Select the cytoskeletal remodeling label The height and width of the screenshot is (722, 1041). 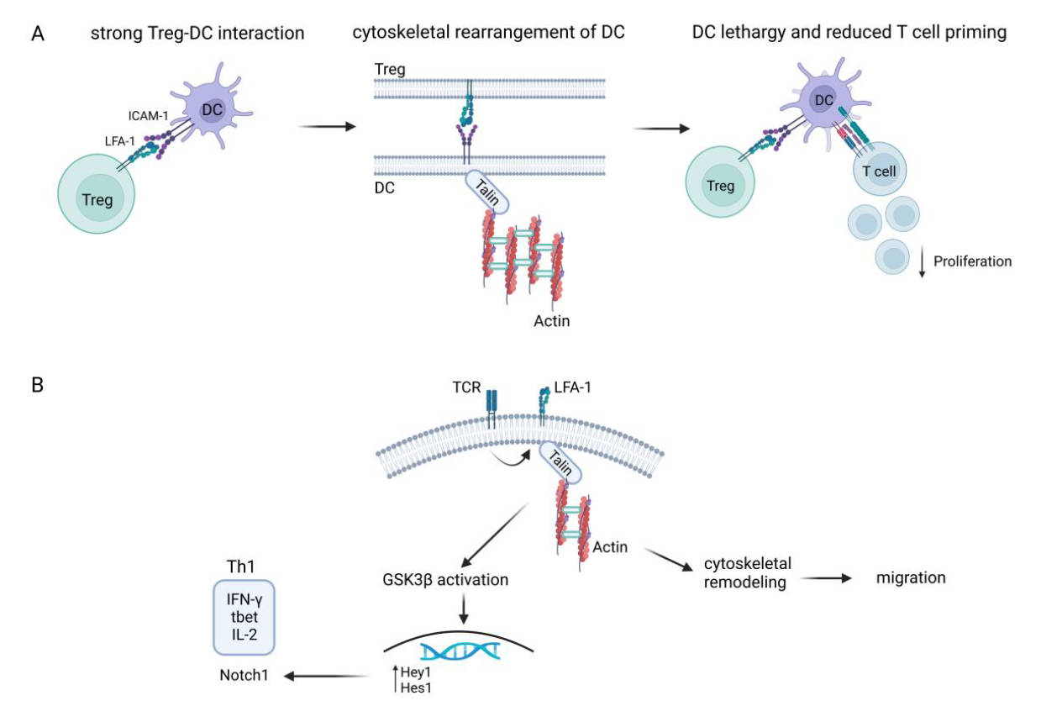(748, 572)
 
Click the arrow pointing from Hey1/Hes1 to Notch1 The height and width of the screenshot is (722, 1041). (330, 673)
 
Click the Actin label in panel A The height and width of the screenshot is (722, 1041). (552, 320)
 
